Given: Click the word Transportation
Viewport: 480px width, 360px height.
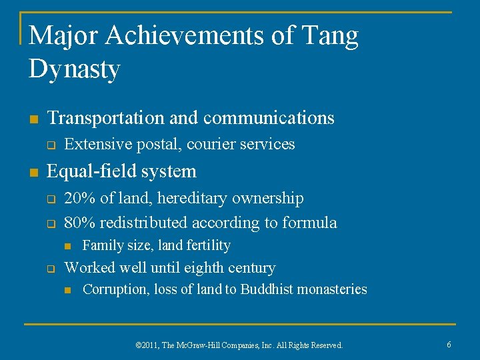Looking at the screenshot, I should [x=106, y=118].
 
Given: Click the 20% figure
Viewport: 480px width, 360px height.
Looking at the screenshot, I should [x=79, y=198].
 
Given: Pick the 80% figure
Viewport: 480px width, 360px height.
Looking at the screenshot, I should [x=79, y=223].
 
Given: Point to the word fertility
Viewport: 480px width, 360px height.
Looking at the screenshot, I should [x=208, y=246].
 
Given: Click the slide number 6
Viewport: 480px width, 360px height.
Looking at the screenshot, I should [x=449, y=345].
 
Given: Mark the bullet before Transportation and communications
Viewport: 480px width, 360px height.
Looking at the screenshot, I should [x=33, y=119].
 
